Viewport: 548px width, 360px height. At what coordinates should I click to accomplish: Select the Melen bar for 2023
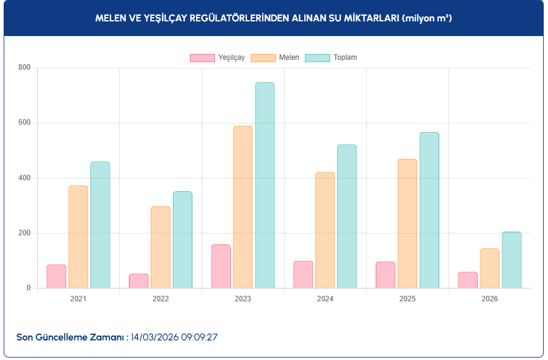tap(243, 207)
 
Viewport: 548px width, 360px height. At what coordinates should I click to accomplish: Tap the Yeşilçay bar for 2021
tap(56, 276)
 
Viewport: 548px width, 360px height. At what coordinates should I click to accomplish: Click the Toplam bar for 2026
tap(511, 260)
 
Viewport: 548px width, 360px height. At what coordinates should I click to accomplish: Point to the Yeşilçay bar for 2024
tap(303, 274)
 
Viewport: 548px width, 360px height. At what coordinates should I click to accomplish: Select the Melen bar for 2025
tap(407, 224)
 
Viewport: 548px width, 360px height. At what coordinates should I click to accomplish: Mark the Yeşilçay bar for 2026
tap(468, 280)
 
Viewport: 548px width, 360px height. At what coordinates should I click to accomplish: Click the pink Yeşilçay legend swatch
tap(202, 57)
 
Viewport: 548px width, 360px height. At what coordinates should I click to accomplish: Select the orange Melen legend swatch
tap(263, 57)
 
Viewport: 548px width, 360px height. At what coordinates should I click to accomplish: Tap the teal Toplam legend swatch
tap(317, 57)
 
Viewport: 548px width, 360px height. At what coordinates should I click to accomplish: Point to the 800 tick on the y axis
tap(24, 68)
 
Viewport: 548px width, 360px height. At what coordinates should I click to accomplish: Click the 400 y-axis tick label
tap(24, 178)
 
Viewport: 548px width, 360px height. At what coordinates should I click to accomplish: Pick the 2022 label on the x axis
tap(161, 299)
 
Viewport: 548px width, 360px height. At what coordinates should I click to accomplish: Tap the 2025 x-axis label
tap(407, 299)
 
